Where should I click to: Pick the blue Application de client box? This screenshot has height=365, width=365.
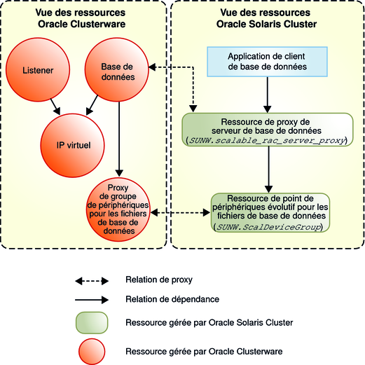pyautogui.click(x=266, y=61)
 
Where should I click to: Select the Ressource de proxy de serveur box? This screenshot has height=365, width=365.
pyautogui.click(x=266, y=130)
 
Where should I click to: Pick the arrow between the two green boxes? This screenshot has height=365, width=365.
pyautogui.click(x=266, y=168)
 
